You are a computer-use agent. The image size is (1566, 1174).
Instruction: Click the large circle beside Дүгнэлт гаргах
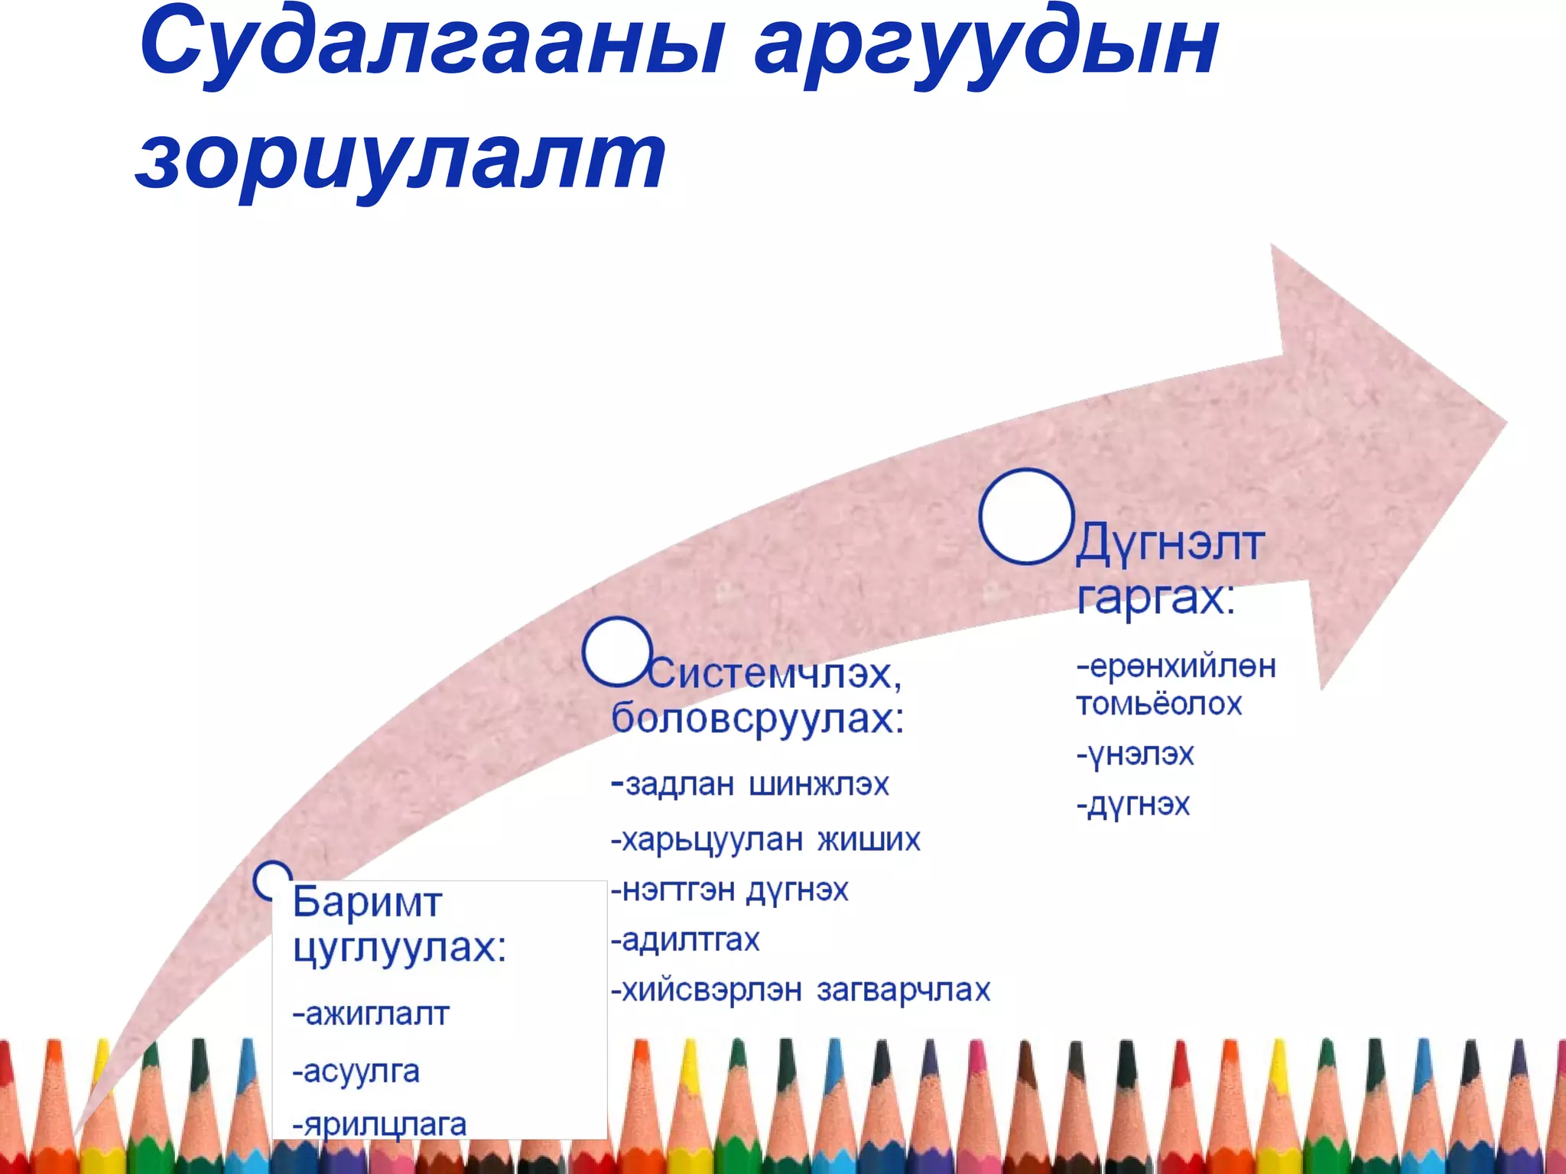1026,517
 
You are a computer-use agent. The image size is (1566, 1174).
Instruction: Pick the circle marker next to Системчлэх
616,651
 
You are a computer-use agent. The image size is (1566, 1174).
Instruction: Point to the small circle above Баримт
272,879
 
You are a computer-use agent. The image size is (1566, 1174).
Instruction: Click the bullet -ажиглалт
371,1014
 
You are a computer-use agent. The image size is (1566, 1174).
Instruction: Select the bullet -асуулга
356,1071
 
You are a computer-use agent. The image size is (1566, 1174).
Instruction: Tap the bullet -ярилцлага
380,1124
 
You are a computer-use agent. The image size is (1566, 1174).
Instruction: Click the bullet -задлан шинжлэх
750,784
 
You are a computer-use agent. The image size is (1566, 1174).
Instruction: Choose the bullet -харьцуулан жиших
765,839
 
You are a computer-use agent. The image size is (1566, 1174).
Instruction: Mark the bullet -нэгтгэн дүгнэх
729,890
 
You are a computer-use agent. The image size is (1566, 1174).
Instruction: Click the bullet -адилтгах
685,939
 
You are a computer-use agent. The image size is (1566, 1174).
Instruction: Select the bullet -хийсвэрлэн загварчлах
801,990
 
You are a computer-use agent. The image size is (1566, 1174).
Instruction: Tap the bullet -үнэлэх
1135,754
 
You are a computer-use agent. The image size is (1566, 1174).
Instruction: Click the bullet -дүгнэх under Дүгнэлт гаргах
1133,804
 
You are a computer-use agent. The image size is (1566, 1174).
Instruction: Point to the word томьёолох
1158,703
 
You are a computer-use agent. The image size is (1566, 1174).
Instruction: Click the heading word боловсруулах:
758,718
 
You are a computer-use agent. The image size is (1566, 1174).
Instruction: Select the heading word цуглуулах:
399,948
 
